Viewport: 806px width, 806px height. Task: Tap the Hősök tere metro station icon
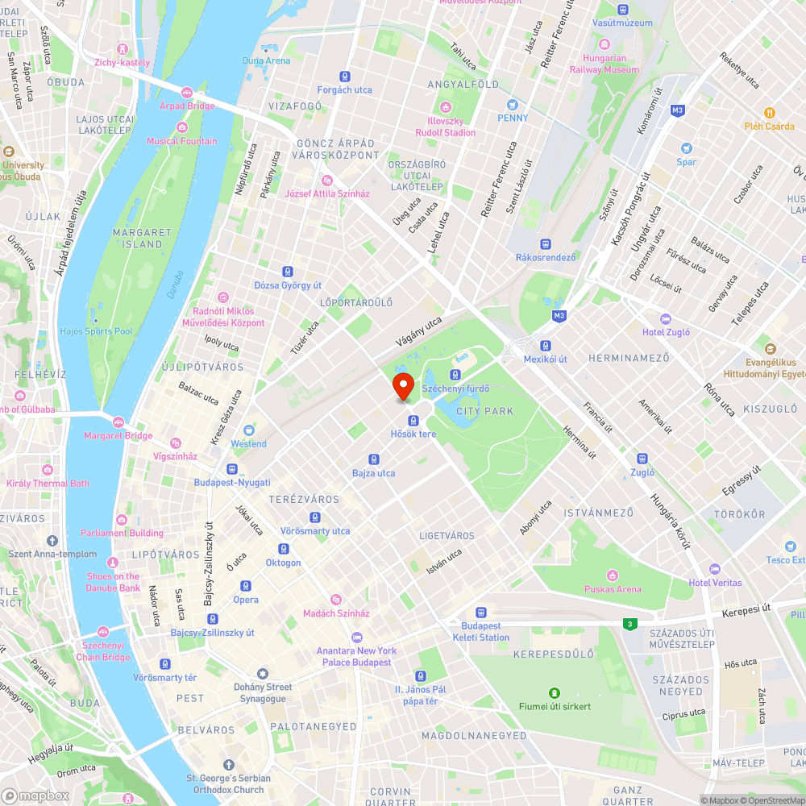coord(413,420)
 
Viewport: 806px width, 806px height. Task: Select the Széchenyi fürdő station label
coord(467,388)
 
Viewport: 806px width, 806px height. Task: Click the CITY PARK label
coord(484,411)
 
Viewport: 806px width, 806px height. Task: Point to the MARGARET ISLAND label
coord(142,238)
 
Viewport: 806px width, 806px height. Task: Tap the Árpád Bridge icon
coord(187,93)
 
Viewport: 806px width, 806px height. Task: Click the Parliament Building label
coord(122,533)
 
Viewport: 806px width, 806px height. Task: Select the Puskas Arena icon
coord(613,575)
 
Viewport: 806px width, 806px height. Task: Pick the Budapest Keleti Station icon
coord(481,613)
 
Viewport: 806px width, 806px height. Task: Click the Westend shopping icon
coord(248,430)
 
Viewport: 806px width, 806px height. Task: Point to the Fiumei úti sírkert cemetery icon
coord(555,693)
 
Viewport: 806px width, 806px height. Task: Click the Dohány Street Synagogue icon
coord(262,674)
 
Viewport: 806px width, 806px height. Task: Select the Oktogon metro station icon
coord(283,549)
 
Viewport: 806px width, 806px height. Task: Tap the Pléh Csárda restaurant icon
coord(769,113)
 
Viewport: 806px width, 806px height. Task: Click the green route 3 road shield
coord(628,623)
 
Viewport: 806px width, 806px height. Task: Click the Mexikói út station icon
coord(546,345)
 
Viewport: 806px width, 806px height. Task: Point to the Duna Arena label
coord(266,60)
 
